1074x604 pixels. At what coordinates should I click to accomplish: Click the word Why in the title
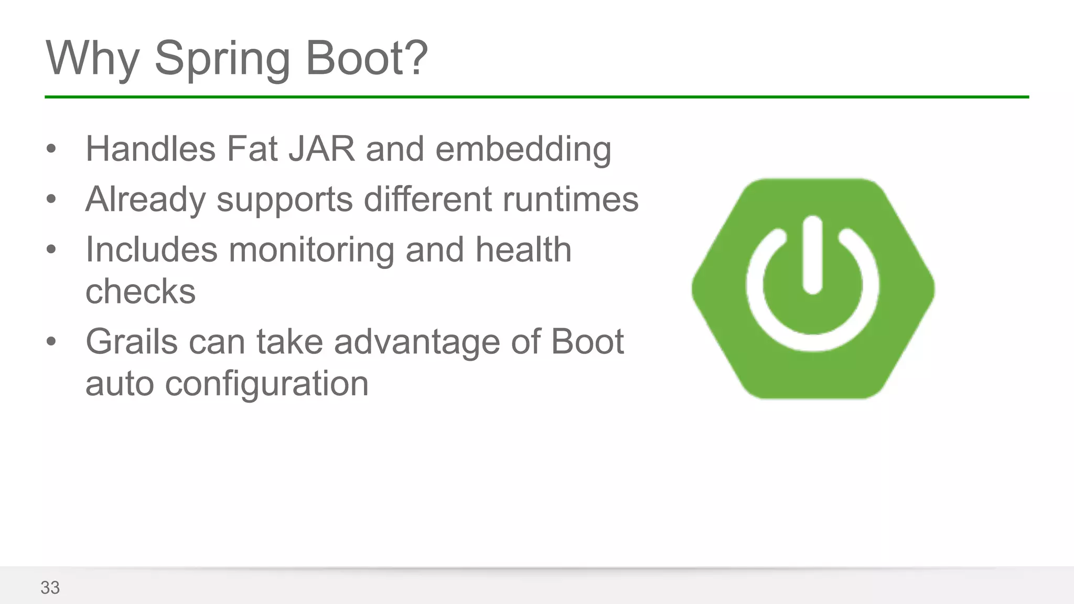[x=93, y=58]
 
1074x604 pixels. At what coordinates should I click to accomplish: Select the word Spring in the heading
[x=222, y=58]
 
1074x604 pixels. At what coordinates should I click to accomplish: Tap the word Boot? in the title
[x=367, y=58]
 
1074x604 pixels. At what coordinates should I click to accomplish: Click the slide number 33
[x=50, y=588]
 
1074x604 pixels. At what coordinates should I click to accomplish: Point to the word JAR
[x=321, y=149]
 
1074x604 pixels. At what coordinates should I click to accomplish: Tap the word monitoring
[x=312, y=250]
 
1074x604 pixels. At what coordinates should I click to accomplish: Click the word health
[x=523, y=250]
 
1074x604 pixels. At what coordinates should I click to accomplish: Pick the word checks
[x=141, y=292]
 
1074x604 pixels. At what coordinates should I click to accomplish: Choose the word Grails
[x=132, y=342]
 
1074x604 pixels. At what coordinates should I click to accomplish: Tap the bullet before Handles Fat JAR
[x=51, y=149]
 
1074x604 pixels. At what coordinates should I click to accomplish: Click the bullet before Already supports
[x=51, y=199]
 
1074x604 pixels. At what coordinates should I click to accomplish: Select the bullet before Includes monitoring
[x=51, y=250]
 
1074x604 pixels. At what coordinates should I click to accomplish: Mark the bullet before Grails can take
[x=51, y=342]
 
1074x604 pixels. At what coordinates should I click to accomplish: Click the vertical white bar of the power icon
[x=812, y=255]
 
